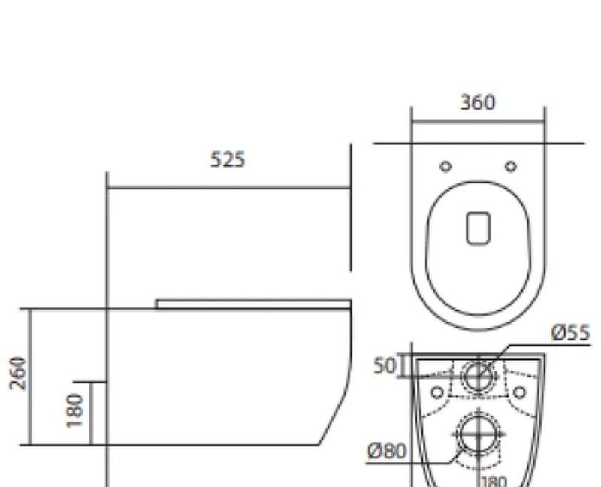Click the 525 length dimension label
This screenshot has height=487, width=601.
(x=227, y=160)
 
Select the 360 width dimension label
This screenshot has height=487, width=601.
(x=478, y=102)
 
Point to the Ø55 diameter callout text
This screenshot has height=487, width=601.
(x=571, y=332)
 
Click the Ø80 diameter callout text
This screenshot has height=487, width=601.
(x=387, y=452)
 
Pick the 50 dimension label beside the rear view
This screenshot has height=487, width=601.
(x=385, y=366)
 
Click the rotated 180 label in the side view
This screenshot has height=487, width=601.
(x=75, y=410)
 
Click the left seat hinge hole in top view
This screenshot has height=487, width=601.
(x=445, y=165)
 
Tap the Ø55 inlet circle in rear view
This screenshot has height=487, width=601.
(x=477, y=374)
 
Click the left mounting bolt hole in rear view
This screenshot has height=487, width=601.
(x=436, y=392)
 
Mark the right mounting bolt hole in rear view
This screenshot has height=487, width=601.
(x=518, y=392)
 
